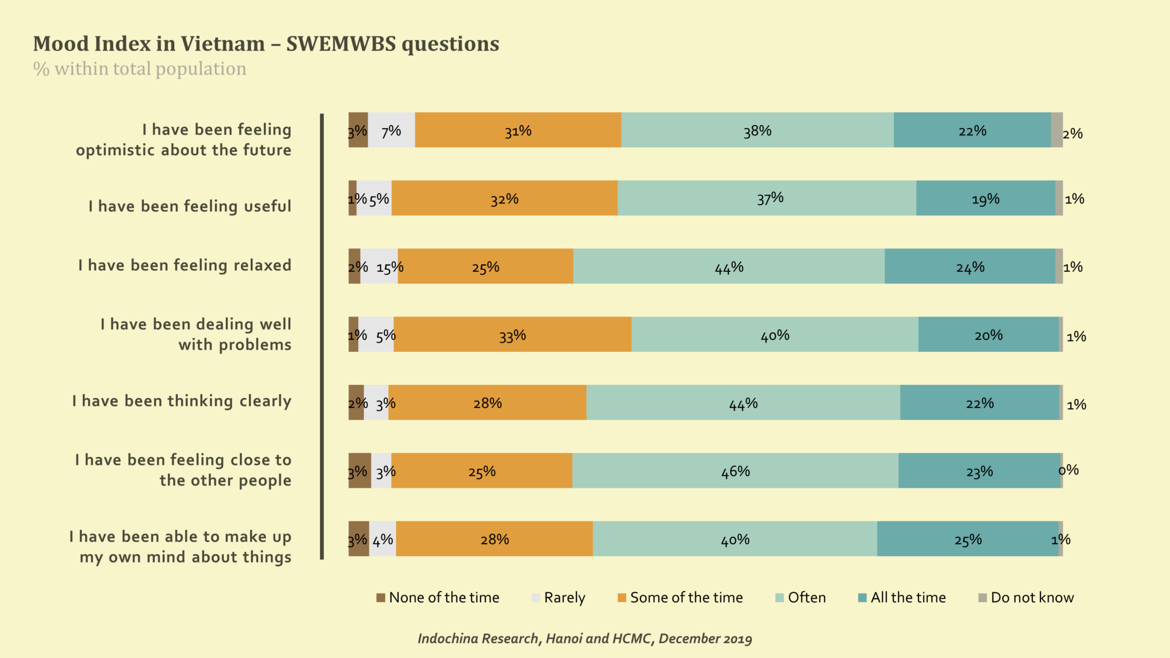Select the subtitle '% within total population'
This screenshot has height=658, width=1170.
(139, 69)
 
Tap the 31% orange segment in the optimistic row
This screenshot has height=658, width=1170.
(518, 130)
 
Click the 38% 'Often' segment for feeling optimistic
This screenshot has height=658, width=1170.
(757, 130)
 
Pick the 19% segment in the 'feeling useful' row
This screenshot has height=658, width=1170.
(985, 198)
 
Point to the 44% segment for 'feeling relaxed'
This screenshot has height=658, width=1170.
(729, 266)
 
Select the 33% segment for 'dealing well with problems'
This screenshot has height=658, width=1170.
(512, 334)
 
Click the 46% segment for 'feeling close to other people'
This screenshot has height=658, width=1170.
(735, 471)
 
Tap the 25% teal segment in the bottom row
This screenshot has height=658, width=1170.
(968, 539)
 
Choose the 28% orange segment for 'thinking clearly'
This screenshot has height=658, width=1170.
(487, 403)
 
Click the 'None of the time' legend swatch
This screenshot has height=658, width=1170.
(380, 597)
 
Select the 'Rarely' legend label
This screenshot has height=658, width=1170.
(564, 597)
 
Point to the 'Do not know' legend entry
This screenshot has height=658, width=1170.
(1032, 597)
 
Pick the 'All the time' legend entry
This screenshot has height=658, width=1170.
(908, 597)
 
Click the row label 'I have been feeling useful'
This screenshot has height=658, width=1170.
(190, 206)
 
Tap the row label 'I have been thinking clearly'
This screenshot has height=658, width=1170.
(182, 401)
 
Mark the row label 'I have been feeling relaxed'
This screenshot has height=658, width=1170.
(185, 265)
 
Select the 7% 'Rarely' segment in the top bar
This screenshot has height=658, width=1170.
(391, 130)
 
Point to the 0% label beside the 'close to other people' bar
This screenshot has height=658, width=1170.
(1068, 470)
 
